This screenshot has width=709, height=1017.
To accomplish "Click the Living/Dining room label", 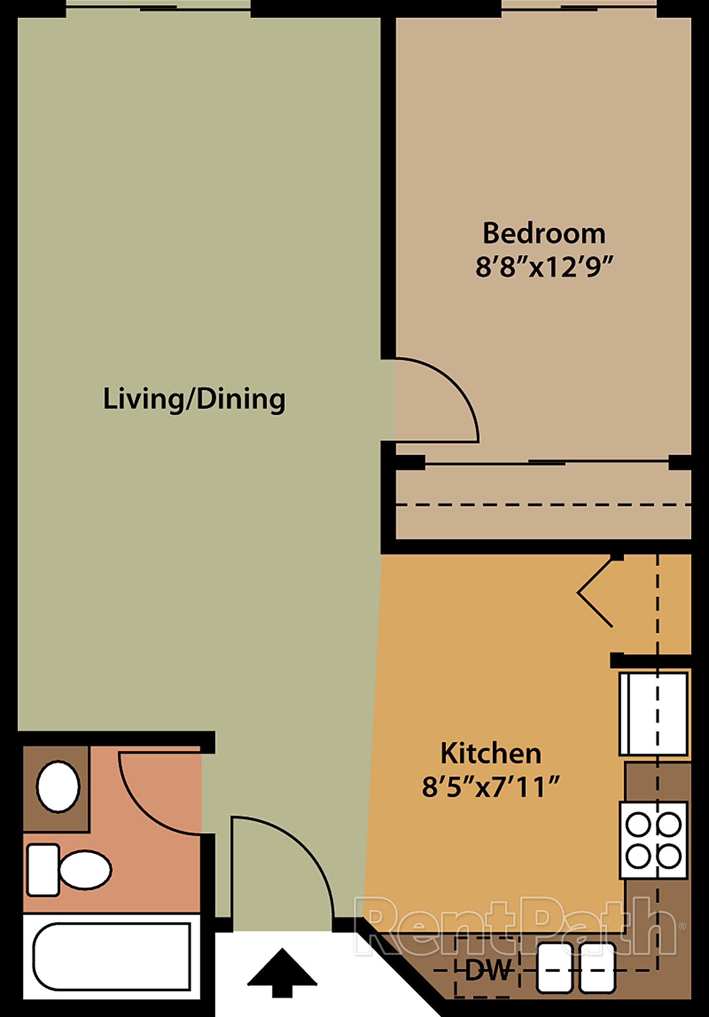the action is (x=194, y=400).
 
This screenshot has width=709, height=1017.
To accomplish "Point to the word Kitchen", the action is (x=491, y=753).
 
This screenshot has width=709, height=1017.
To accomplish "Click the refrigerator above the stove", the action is (x=653, y=714).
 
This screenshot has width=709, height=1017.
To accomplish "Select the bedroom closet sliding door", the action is (x=547, y=463).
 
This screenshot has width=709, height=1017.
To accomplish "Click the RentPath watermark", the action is (x=516, y=925).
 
